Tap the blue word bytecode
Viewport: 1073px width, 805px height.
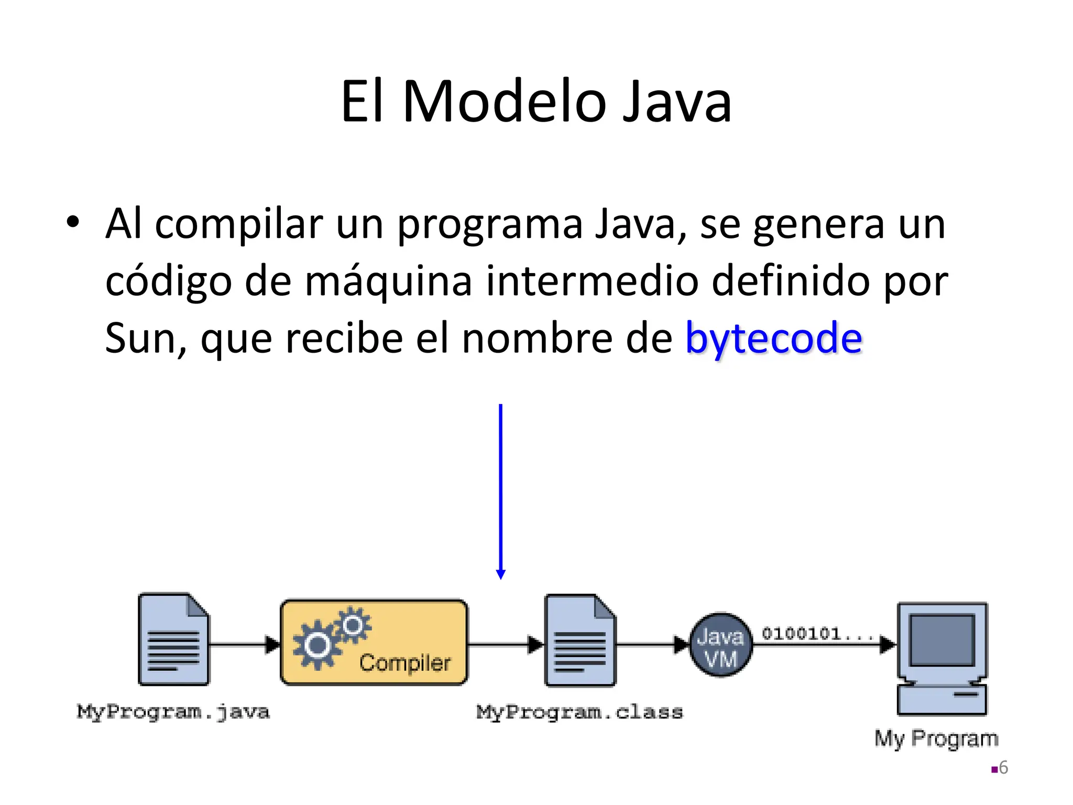pos(773,339)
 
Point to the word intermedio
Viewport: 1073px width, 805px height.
pos(592,281)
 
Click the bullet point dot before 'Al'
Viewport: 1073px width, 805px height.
pos(73,222)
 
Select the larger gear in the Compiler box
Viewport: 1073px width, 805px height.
pos(317,645)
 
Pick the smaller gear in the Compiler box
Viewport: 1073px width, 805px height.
pos(353,625)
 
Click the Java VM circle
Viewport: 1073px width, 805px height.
pos(720,645)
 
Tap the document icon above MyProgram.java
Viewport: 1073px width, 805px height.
pos(173,639)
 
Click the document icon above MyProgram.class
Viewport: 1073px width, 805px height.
pos(580,640)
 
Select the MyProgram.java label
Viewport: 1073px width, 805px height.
pos(173,712)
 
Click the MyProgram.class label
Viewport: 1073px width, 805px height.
pos(579,712)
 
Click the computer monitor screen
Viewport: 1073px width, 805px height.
pos(942,639)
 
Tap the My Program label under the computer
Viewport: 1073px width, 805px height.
pos(936,738)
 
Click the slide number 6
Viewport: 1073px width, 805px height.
pos(1003,768)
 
